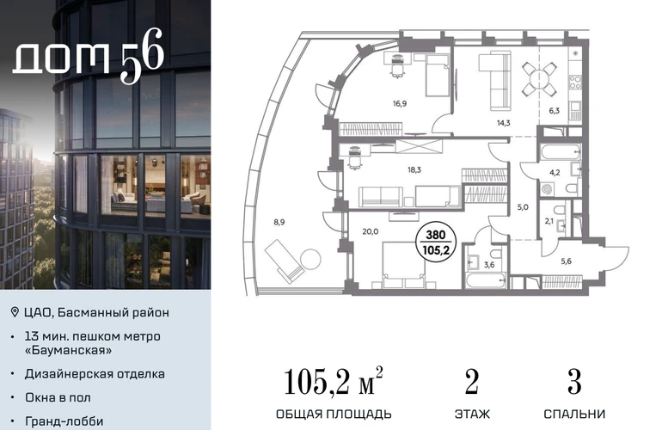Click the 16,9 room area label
pyautogui.click(x=400, y=103)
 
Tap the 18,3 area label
pyautogui.click(x=414, y=169)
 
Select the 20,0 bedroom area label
pyautogui.click(x=371, y=231)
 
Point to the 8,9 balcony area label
pyautogui.click(x=279, y=222)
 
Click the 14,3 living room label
pyautogui.click(x=503, y=123)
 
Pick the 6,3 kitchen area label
pyautogui.click(x=554, y=111)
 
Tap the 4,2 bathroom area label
pyautogui.click(x=555, y=172)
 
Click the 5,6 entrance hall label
pyautogui.click(x=566, y=261)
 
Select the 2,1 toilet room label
pyautogui.click(x=549, y=220)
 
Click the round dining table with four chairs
pyautogui.click(x=539, y=79)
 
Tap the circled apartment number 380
pyautogui.click(x=436, y=235)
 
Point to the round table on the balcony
pyautogui.click(x=310, y=259)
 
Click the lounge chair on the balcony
pyautogui.click(x=284, y=261)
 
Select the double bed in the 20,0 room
pyautogui.click(x=403, y=265)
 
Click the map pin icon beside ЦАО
pyautogui.click(x=15, y=312)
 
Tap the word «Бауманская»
pyautogui.click(x=68, y=350)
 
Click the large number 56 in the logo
pyautogui.click(x=142, y=56)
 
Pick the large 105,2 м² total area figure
pyautogui.click(x=333, y=382)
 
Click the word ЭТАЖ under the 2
pyautogui.click(x=472, y=414)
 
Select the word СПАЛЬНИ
pyautogui.click(x=574, y=414)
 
